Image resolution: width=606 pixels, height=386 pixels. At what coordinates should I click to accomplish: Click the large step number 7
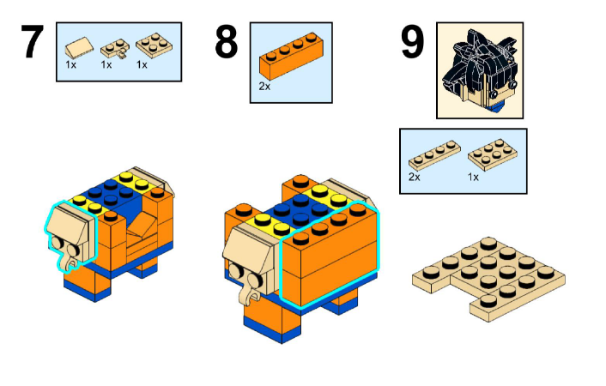[x=31, y=44]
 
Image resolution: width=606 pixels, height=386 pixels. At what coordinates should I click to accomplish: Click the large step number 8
[x=226, y=44]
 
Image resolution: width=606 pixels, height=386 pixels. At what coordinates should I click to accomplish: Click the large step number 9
[x=413, y=44]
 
